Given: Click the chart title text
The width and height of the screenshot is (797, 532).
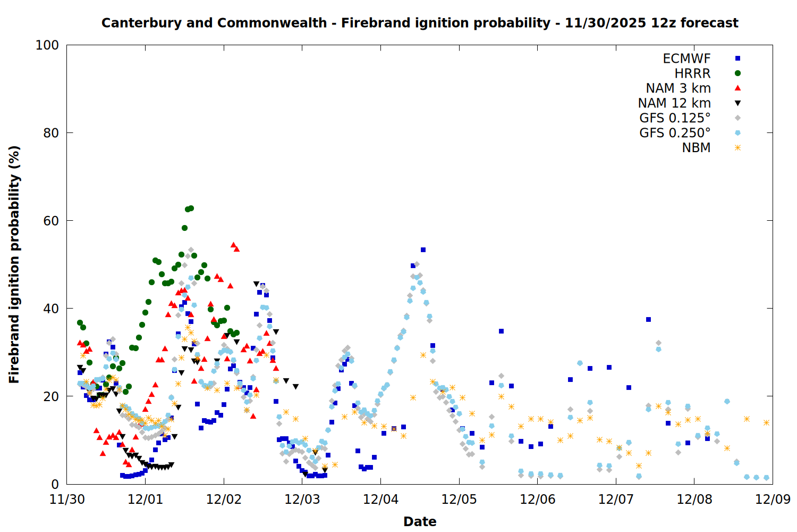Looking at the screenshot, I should [x=420, y=23].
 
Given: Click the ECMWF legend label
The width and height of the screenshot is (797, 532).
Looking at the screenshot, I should [x=686, y=59].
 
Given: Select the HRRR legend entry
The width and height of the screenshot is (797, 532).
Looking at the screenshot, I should [x=692, y=73].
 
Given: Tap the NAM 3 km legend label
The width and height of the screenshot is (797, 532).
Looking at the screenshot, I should [x=678, y=88].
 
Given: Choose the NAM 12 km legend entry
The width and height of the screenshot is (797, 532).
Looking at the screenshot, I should [x=674, y=103].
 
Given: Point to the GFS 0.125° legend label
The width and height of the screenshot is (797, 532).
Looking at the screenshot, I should [x=675, y=118].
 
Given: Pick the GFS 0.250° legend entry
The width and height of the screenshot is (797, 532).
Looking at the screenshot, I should [x=675, y=133].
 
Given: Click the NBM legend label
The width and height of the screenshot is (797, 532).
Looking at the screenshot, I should [x=696, y=148].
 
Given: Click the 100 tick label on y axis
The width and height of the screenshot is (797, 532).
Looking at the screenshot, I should [x=47, y=45].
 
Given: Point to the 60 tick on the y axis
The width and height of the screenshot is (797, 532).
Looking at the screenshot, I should [x=51, y=221].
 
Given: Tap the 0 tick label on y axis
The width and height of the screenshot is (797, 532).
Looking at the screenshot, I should [x=55, y=484].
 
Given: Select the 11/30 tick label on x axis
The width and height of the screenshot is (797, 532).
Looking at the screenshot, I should [x=67, y=500].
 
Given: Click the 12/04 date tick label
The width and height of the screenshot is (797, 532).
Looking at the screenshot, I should [x=380, y=500].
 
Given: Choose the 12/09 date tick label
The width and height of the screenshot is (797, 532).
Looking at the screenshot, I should [x=773, y=500].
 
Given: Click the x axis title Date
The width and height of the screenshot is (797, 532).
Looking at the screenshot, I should [x=420, y=521].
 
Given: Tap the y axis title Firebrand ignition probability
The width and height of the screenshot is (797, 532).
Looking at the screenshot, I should [x=14, y=264].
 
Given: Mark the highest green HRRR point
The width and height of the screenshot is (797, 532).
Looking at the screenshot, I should [x=191, y=209].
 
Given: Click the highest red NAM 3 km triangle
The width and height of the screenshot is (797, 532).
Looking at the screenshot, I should [x=233, y=245].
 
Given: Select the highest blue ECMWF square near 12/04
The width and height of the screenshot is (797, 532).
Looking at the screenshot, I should [x=423, y=250].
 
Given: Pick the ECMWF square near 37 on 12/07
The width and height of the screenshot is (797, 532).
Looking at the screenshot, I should [x=648, y=319].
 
